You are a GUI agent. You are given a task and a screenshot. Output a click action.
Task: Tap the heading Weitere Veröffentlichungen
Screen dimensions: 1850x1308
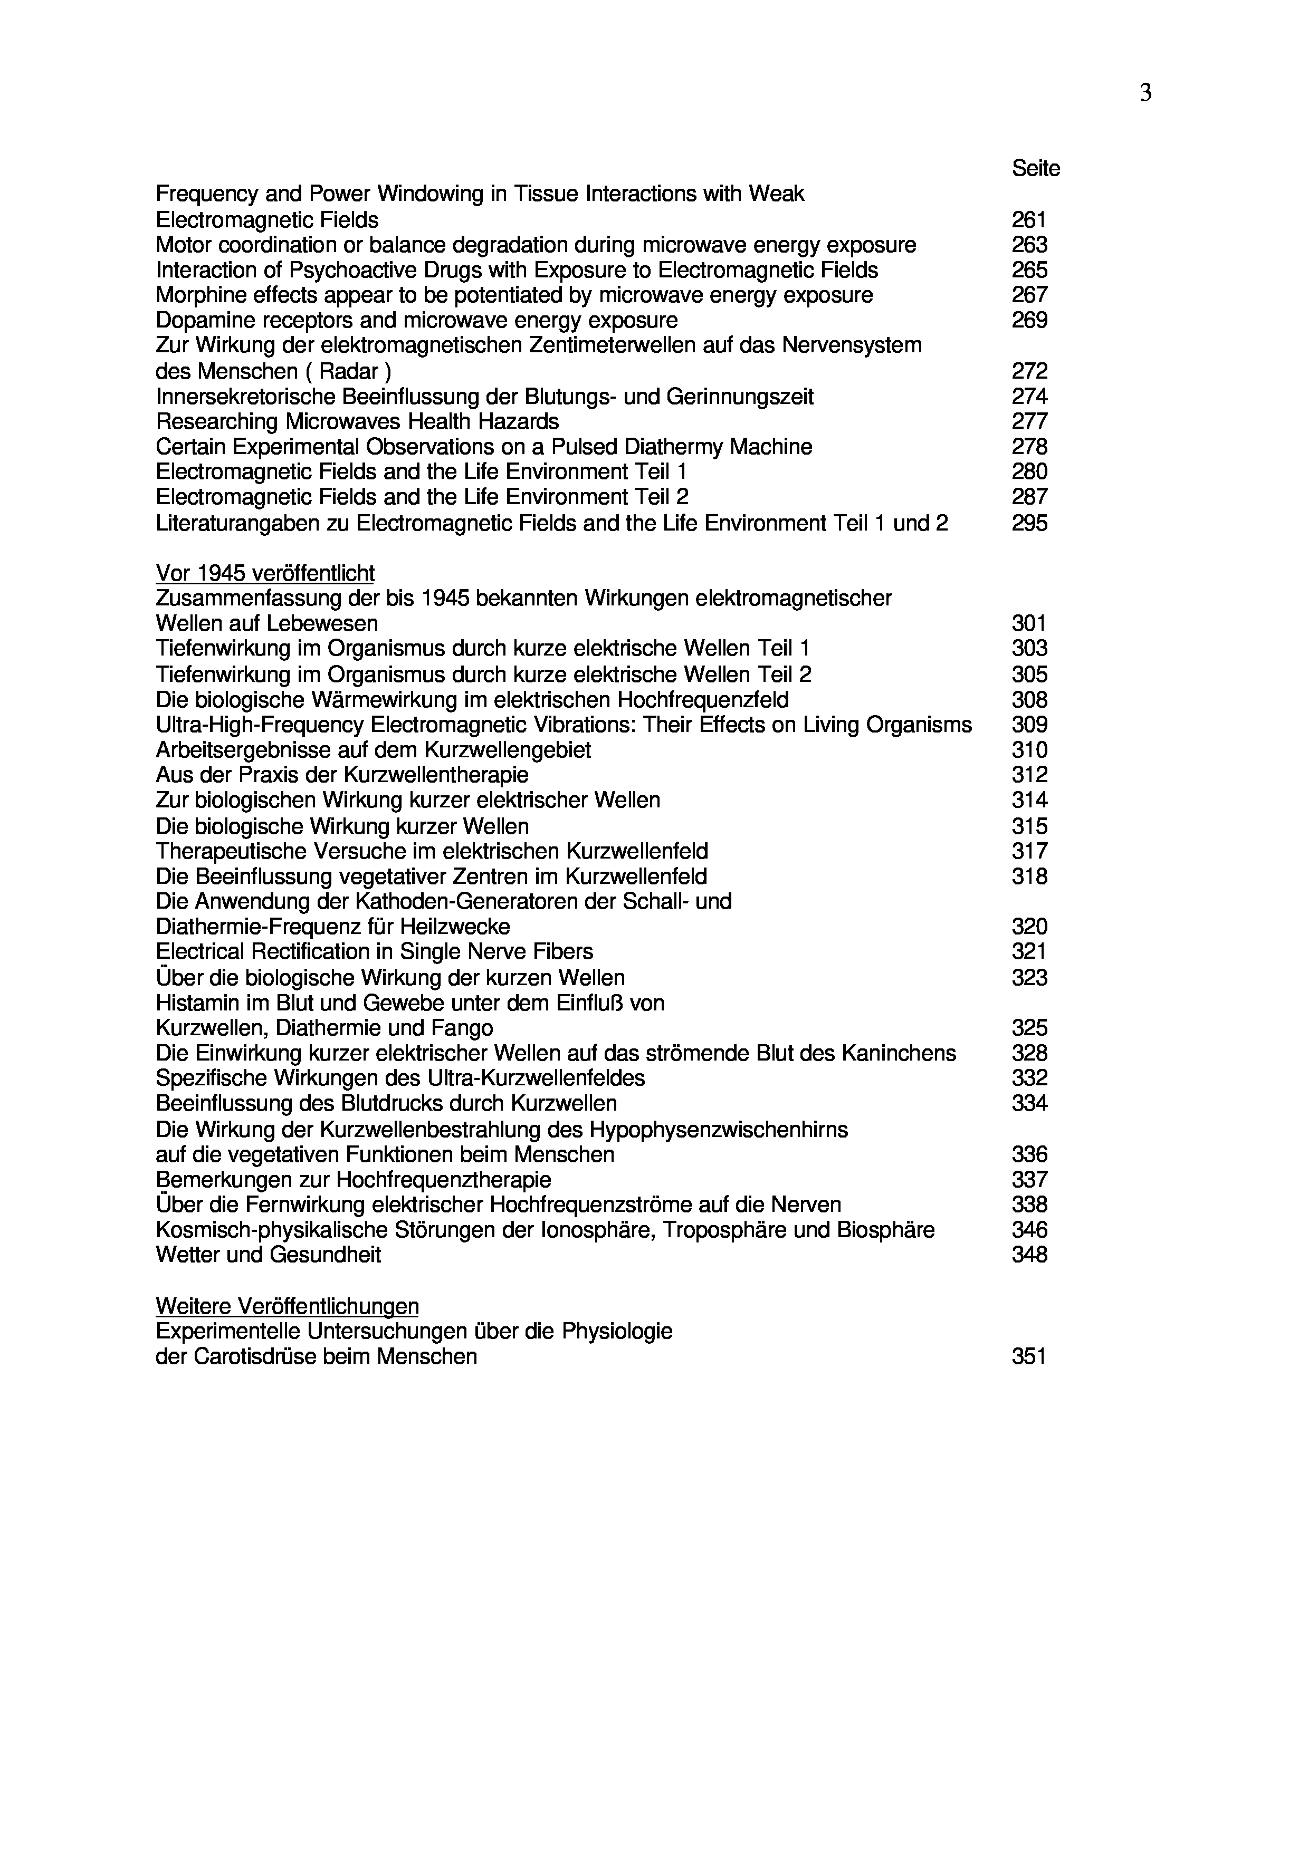tap(287, 1306)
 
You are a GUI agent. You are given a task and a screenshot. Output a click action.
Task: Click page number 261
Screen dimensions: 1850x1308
tap(1029, 219)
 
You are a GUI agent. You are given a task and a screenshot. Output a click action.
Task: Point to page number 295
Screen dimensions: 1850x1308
tap(1029, 523)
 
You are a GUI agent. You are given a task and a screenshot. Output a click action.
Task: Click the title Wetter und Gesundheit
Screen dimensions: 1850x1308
tap(269, 1255)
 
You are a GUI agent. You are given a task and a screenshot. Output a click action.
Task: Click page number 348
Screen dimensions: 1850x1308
tap(1029, 1255)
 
